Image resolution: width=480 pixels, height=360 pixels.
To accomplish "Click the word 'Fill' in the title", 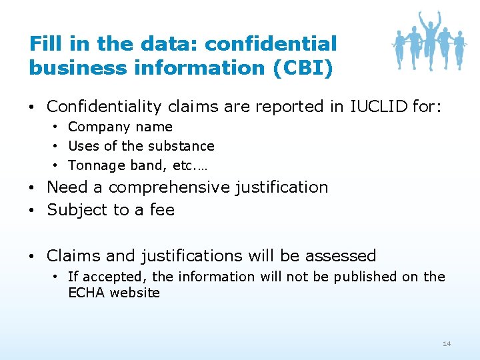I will [x=45, y=44].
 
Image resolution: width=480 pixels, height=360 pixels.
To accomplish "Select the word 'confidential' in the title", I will [x=271, y=44].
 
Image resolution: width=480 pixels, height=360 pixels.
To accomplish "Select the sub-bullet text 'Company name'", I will [x=120, y=127].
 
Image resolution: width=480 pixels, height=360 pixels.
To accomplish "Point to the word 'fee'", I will [x=162, y=210].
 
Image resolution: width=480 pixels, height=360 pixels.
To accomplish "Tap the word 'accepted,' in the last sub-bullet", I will [x=114, y=277].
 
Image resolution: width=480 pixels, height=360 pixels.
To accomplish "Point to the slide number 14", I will [x=447, y=343].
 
